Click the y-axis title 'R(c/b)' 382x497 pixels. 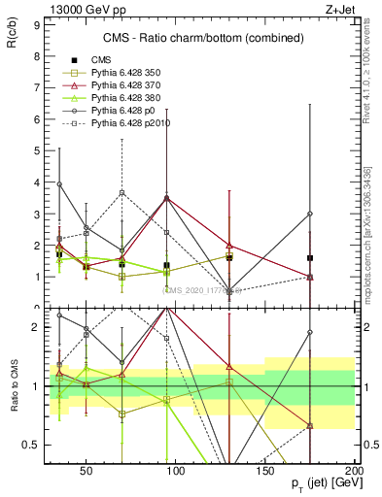tap(13, 38)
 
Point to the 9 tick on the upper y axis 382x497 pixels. tap(34, 26)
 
